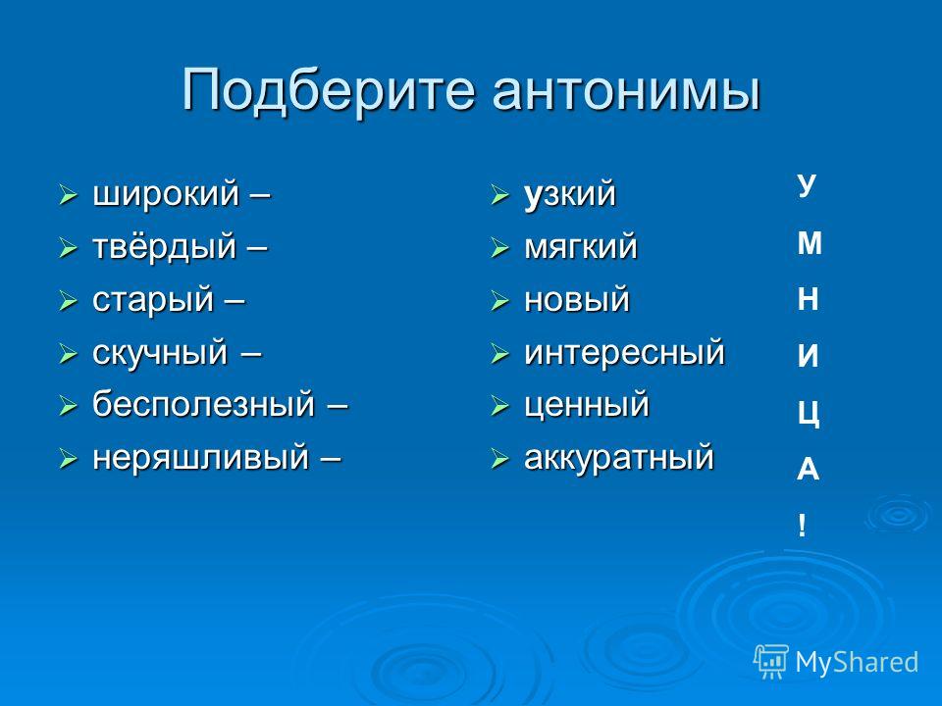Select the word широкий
pyautogui.click(x=166, y=195)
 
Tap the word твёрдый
pyautogui.click(x=164, y=247)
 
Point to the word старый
pyautogui.click(x=153, y=300)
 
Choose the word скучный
pyautogui.click(x=160, y=353)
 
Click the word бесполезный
pyautogui.click(x=204, y=404)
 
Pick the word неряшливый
pyautogui.click(x=200, y=458)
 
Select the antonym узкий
pyautogui.click(x=570, y=195)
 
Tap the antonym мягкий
pyautogui.click(x=580, y=247)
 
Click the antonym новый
pyautogui.click(x=577, y=300)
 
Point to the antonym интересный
pyautogui.click(x=624, y=352)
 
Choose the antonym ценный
pyautogui.click(x=587, y=405)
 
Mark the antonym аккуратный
pyautogui.click(x=619, y=458)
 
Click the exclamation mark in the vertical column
pyautogui.click(x=802, y=526)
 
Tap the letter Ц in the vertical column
pyautogui.click(x=809, y=414)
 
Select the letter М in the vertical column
pyautogui.click(x=810, y=244)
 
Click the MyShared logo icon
pyautogui.click(x=771, y=662)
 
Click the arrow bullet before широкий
pyautogui.click(x=68, y=196)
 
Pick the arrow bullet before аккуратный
pyautogui.click(x=499, y=459)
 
